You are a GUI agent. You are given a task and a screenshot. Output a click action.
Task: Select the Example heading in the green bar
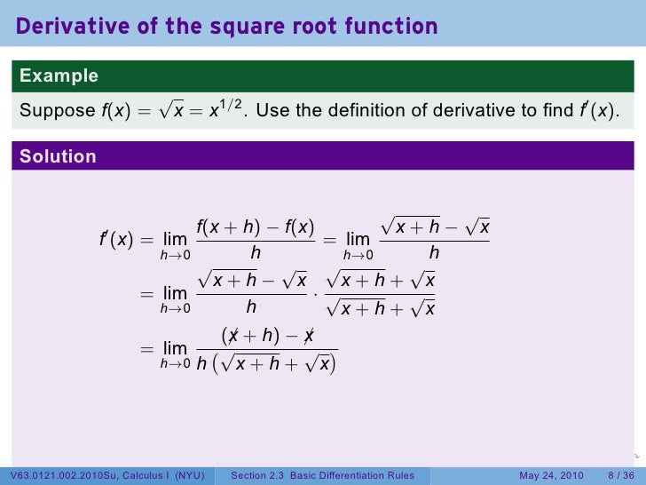(x=59, y=76)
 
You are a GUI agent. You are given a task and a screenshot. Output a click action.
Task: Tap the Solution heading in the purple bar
(x=58, y=157)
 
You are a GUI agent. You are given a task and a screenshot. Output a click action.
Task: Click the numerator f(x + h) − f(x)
(x=255, y=227)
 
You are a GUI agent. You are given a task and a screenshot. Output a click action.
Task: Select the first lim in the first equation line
(x=175, y=240)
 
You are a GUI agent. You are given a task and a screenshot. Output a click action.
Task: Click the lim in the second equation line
(x=175, y=293)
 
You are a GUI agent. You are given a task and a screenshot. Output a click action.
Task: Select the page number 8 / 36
(x=620, y=476)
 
